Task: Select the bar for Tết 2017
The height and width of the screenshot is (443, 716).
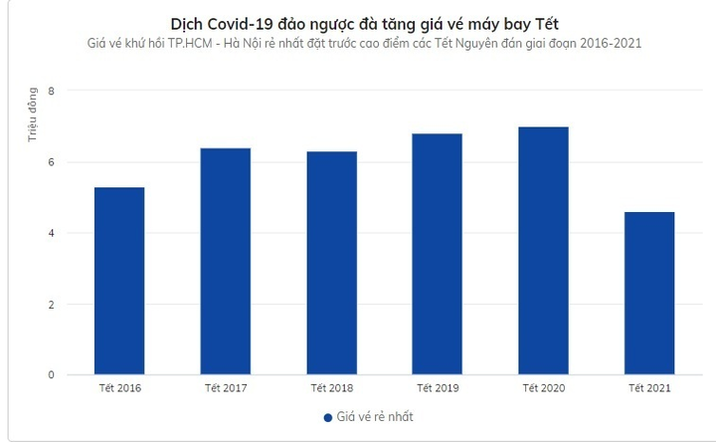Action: pos(226,261)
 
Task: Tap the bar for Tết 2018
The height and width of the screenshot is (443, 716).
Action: pos(332,263)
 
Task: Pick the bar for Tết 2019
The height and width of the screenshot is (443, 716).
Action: pos(438,254)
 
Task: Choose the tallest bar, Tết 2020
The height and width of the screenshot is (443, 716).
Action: pos(544,251)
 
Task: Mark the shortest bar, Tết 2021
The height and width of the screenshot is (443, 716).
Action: pos(650,293)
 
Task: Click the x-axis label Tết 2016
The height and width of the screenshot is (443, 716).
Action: pos(119,387)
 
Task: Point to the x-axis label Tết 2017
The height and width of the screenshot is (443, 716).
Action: pos(226,387)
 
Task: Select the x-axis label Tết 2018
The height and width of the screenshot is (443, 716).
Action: pos(332,387)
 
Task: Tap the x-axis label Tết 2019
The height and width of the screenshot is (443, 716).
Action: pos(438,387)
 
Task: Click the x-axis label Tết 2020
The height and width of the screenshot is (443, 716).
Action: pos(544,387)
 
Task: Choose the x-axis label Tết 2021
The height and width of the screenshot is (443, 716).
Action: pos(650,387)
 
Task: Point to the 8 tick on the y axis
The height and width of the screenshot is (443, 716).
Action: pos(51,92)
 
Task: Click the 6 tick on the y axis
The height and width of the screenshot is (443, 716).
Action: pos(51,162)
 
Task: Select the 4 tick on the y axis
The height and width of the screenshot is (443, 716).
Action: pos(51,233)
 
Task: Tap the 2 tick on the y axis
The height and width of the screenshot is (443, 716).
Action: pos(51,305)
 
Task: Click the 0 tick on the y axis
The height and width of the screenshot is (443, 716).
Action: pos(51,375)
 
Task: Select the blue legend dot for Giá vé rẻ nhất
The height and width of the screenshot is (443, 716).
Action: pos(327,417)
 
